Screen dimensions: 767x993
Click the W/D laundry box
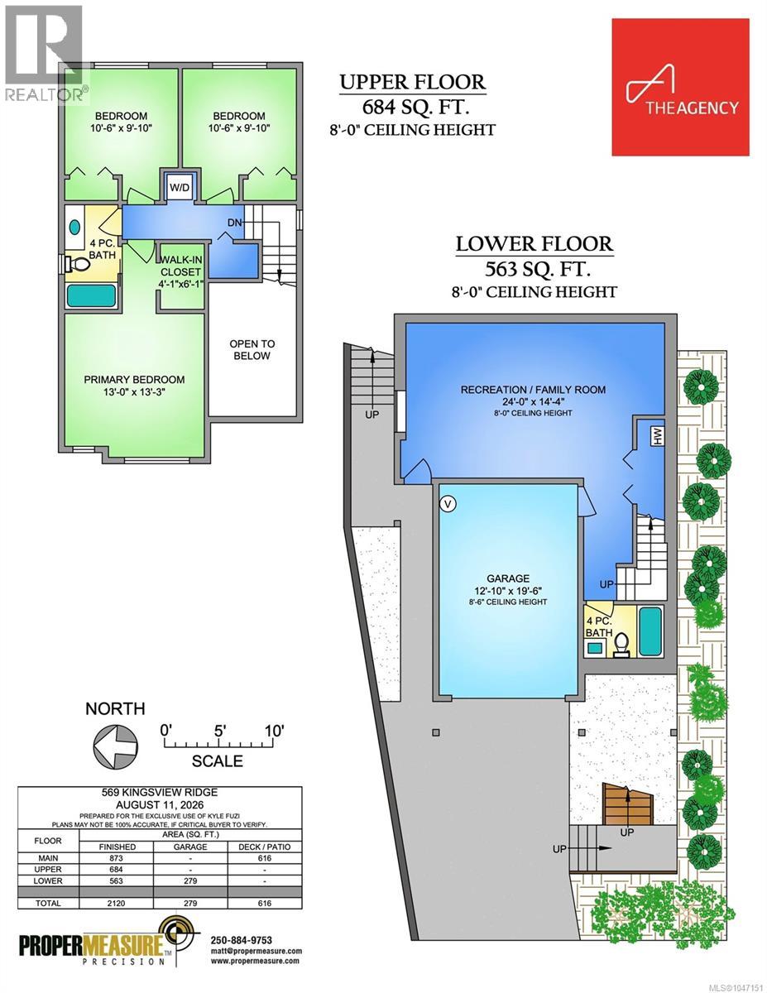180,186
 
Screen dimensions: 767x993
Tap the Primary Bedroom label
134,379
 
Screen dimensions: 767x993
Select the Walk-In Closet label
181,266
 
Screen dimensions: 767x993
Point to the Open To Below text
252,349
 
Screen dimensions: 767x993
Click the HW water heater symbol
658,436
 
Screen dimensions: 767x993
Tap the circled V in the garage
448,504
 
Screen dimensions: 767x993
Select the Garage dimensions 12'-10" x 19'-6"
507,590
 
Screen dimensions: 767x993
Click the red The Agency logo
680,87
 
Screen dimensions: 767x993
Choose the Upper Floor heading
413,82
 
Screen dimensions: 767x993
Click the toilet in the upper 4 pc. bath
78,264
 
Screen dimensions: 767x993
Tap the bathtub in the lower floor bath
650,631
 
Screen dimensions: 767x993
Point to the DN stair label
235,223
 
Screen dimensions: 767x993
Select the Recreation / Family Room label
533,390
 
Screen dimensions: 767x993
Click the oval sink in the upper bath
74,227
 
